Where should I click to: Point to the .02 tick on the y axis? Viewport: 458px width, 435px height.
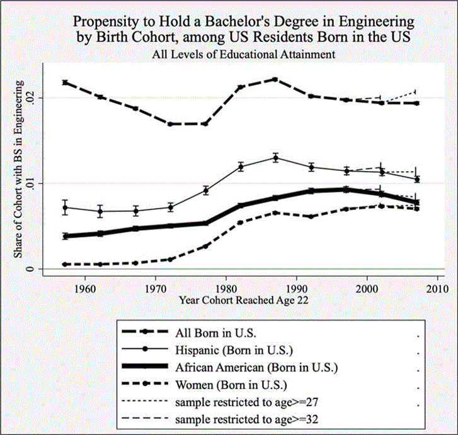[x=35, y=98]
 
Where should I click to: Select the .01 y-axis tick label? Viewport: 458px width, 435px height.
[x=35, y=184]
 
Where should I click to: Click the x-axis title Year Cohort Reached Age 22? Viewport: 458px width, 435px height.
[x=243, y=300]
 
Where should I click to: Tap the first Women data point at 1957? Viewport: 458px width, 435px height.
[x=65, y=264]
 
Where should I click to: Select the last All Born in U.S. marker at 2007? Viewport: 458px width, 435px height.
[x=416, y=102]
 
